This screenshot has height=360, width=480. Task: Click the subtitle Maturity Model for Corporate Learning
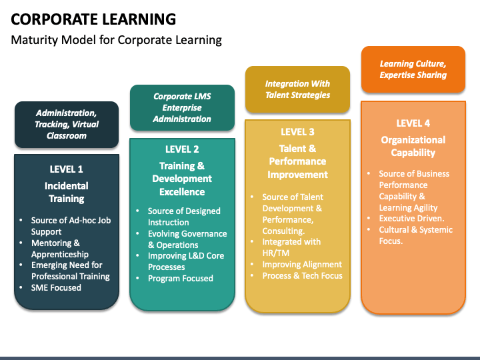coord(116,40)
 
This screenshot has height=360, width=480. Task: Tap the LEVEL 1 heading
coord(67,169)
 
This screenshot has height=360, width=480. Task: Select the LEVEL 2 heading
coord(182,149)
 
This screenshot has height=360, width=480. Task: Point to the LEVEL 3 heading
coord(297,132)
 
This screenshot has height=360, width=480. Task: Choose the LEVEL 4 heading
coord(413,123)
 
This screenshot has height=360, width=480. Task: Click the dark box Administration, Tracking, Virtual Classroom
coord(67,124)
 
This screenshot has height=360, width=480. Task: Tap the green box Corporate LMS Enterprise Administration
coord(182,107)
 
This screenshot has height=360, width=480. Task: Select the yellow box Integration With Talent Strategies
coord(297,89)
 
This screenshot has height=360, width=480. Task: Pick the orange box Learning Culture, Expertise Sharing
coord(413,69)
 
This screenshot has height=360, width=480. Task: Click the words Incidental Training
coord(67,192)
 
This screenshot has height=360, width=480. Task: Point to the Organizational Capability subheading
coord(413,146)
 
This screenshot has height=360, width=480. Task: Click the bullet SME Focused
coord(57,288)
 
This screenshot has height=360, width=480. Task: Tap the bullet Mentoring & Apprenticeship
coord(60,249)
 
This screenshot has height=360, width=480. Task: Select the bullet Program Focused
coord(181,279)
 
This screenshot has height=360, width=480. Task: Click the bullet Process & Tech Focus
coord(302,276)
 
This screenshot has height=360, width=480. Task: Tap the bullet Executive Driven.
coord(411,219)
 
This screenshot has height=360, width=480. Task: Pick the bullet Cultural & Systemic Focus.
coord(415,235)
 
